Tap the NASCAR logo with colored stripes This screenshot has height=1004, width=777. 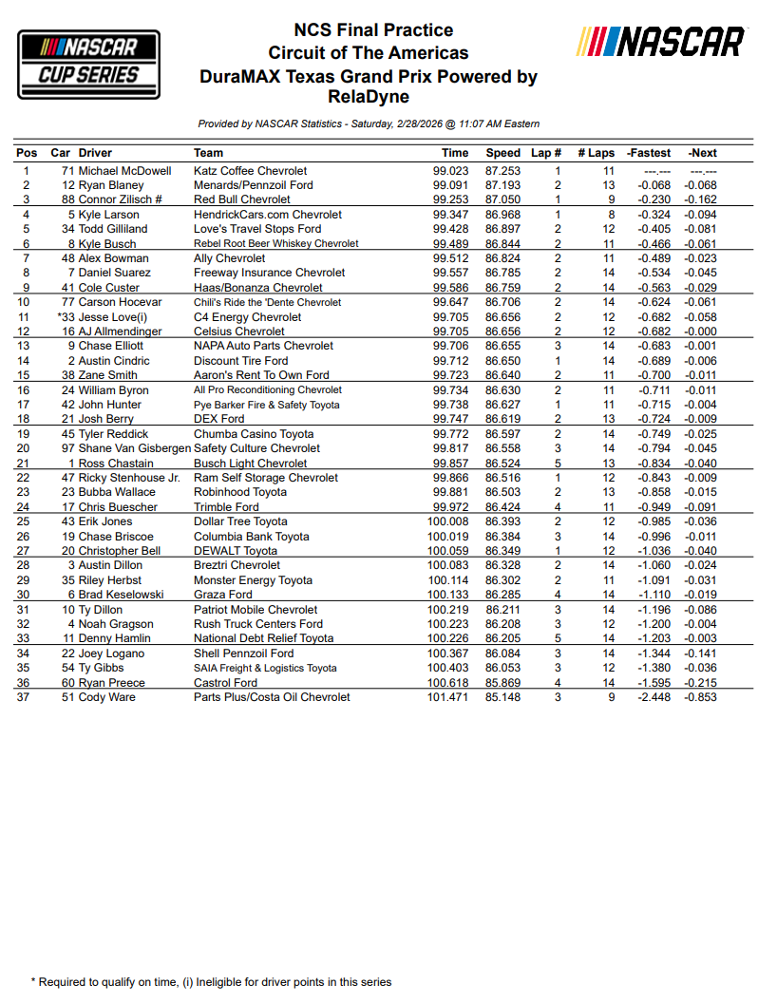click(662, 43)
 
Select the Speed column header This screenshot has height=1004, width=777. click(502, 153)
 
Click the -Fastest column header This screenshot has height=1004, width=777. click(649, 153)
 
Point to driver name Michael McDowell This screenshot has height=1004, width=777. click(124, 171)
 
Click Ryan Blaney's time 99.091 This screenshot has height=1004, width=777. click(450, 185)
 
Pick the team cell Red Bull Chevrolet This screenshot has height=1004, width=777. click(241, 200)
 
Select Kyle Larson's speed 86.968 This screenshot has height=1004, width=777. click(502, 216)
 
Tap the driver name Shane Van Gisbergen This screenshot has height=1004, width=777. click(134, 448)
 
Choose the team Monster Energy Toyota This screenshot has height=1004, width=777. click(253, 580)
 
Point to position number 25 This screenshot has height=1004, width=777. click(27, 521)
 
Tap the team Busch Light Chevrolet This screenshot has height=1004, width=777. click(250, 464)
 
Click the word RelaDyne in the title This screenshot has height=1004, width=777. click(368, 97)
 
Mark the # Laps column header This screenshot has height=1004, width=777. click(596, 153)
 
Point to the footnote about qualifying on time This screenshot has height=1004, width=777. click(211, 982)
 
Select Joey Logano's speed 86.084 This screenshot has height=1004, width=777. click(502, 654)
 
